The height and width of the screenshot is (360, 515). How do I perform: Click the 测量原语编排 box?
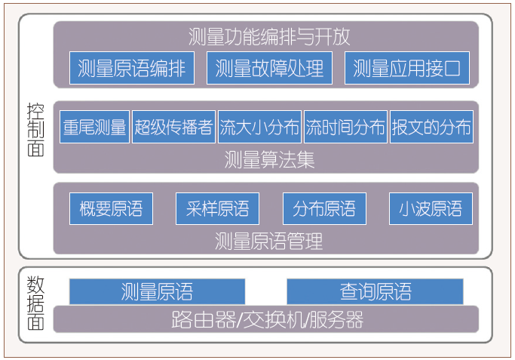[x=131, y=69]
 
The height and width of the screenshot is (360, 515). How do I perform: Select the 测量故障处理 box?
[x=269, y=69]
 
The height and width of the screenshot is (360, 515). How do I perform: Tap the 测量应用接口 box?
[x=406, y=69]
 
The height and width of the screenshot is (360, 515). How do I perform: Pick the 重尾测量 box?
[x=95, y=127]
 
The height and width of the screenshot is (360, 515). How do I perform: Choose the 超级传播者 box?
[x=174, y=127]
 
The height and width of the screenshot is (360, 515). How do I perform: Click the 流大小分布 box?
[x=259, y=127]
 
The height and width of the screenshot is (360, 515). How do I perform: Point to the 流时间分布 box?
[x=345, y=127]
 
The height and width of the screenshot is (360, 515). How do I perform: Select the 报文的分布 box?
[x=431, y=127]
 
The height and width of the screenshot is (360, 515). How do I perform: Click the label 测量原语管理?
[x=269, y=242]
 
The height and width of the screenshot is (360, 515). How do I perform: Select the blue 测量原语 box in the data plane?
[x=157, y=291]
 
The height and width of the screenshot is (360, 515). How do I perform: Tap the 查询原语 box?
[x=375, y=291]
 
